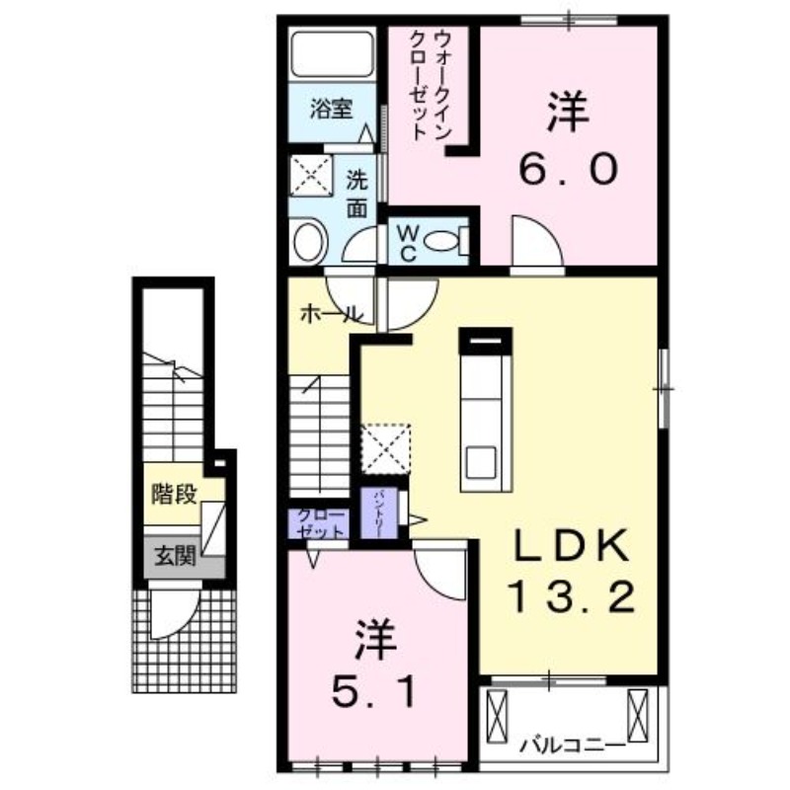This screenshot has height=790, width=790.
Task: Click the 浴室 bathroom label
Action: pos(330,110)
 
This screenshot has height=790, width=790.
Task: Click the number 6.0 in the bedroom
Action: pos(569,171)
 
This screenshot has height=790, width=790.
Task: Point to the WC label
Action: pos(407,241)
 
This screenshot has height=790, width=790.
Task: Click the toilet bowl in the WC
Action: pos(450,240)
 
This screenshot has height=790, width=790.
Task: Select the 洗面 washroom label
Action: pos(356,195)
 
